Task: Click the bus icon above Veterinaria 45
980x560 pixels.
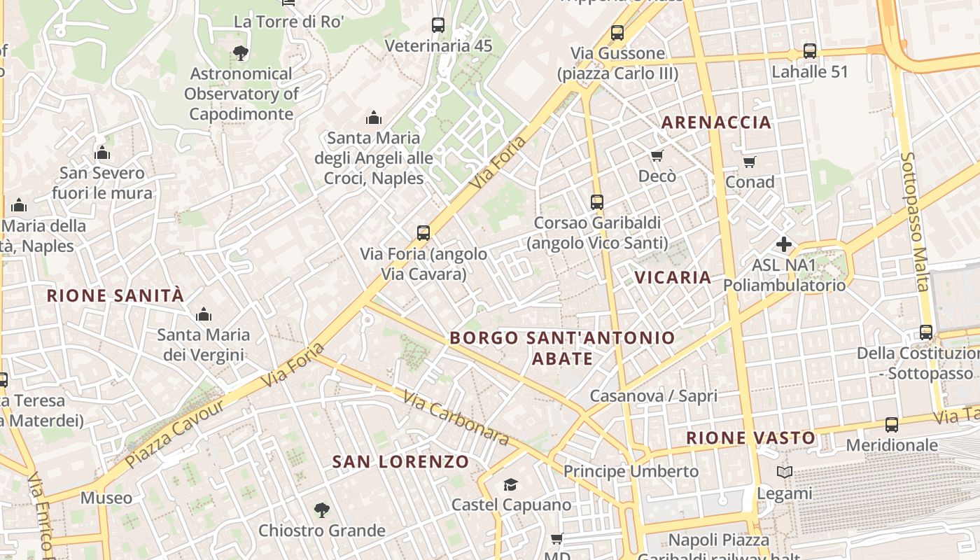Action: click(x=438, y=25)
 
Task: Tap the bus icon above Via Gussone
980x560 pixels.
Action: click(x=617, y=33)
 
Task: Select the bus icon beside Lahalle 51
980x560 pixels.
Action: click(x=810, y=51)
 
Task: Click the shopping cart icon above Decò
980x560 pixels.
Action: click(x=657, y=155)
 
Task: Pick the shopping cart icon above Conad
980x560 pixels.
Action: click(x=750, y=162)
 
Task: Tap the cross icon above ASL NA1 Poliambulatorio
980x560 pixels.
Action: click(x=784, y=244)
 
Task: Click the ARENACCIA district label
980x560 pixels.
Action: click(x=716, y=122)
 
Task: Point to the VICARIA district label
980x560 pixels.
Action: click(x=673, y=277)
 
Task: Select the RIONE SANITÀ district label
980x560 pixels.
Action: click(x=115, y=295)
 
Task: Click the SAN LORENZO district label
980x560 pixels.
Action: click(x=400, y=462)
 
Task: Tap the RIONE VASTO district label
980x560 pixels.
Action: click(x=750, y=438)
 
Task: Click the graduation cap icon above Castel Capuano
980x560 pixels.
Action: click(x=511, y=484)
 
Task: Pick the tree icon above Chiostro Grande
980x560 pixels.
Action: click(x=322, y=510)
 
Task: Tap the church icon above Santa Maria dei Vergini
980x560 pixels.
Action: click(x=204, y=314)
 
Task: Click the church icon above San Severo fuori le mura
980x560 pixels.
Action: click(x=102, y=153)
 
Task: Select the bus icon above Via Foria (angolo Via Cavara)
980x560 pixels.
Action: click(x=423, y=233)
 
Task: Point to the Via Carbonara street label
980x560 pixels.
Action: click(x=456, y=418)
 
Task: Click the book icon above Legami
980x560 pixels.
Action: click(x=785, y=472)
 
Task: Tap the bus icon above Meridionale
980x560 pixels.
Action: click(x=892, y=425)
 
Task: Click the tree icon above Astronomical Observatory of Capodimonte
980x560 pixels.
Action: click(x=240, y=52)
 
